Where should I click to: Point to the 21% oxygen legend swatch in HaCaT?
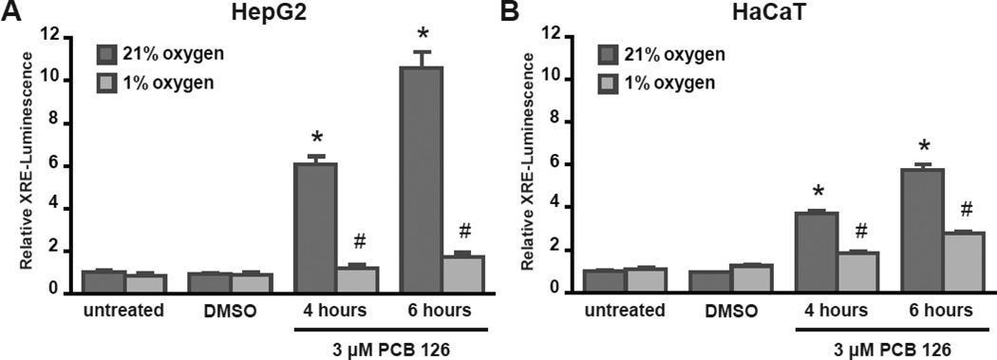608,54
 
